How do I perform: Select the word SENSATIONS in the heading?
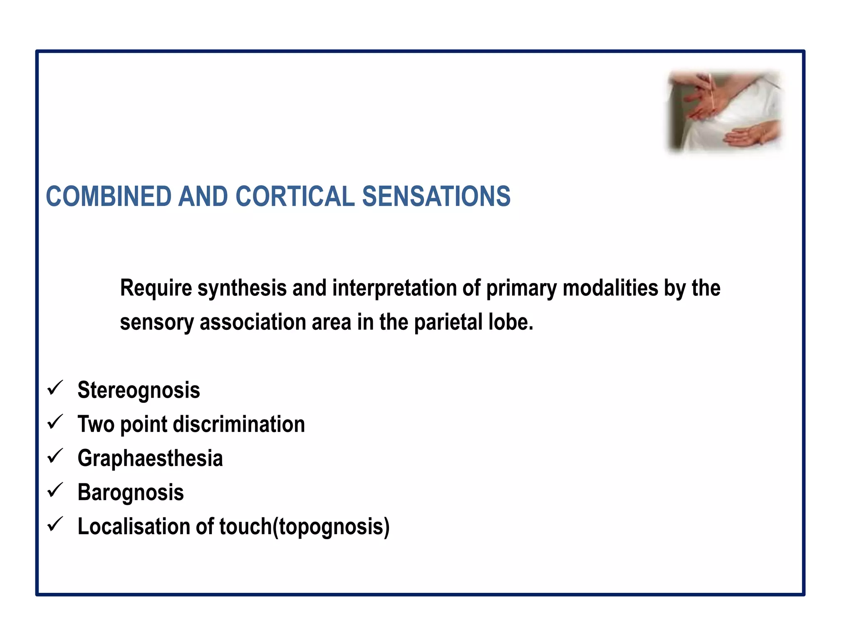coord(436,196)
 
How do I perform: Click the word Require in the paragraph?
coord(156,288)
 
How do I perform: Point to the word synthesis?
coord(242,288)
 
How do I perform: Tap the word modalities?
coord(610,288)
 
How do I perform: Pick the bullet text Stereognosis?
coord(139,390)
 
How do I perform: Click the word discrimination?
coord(239,424)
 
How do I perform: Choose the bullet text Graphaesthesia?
coord(150,458)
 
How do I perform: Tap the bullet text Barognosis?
coord(131,493)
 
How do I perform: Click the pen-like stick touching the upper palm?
coord(712,94)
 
